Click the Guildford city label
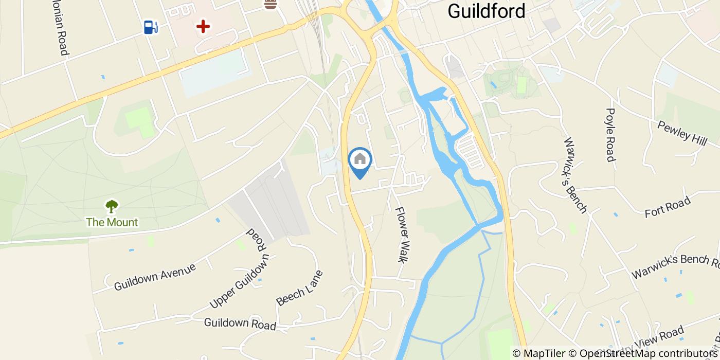click(487, 11)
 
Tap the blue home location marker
click(360, 160)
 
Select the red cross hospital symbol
click(204, 26)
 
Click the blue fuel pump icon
click(150, 27)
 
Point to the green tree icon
click(112, 207)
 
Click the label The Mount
click(112, 222)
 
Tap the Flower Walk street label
click(402, 235)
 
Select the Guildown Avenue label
click(155, 277)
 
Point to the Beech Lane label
click(300, 288)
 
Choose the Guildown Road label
click(240, 324)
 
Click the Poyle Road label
click(610, 135)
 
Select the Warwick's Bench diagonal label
click(575, 175)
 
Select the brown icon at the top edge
click(271, 5)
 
